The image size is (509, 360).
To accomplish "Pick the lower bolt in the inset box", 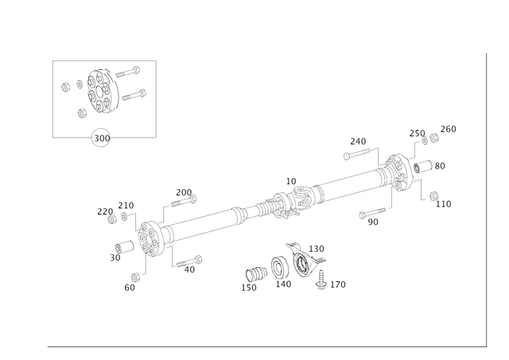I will click(131, 93).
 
